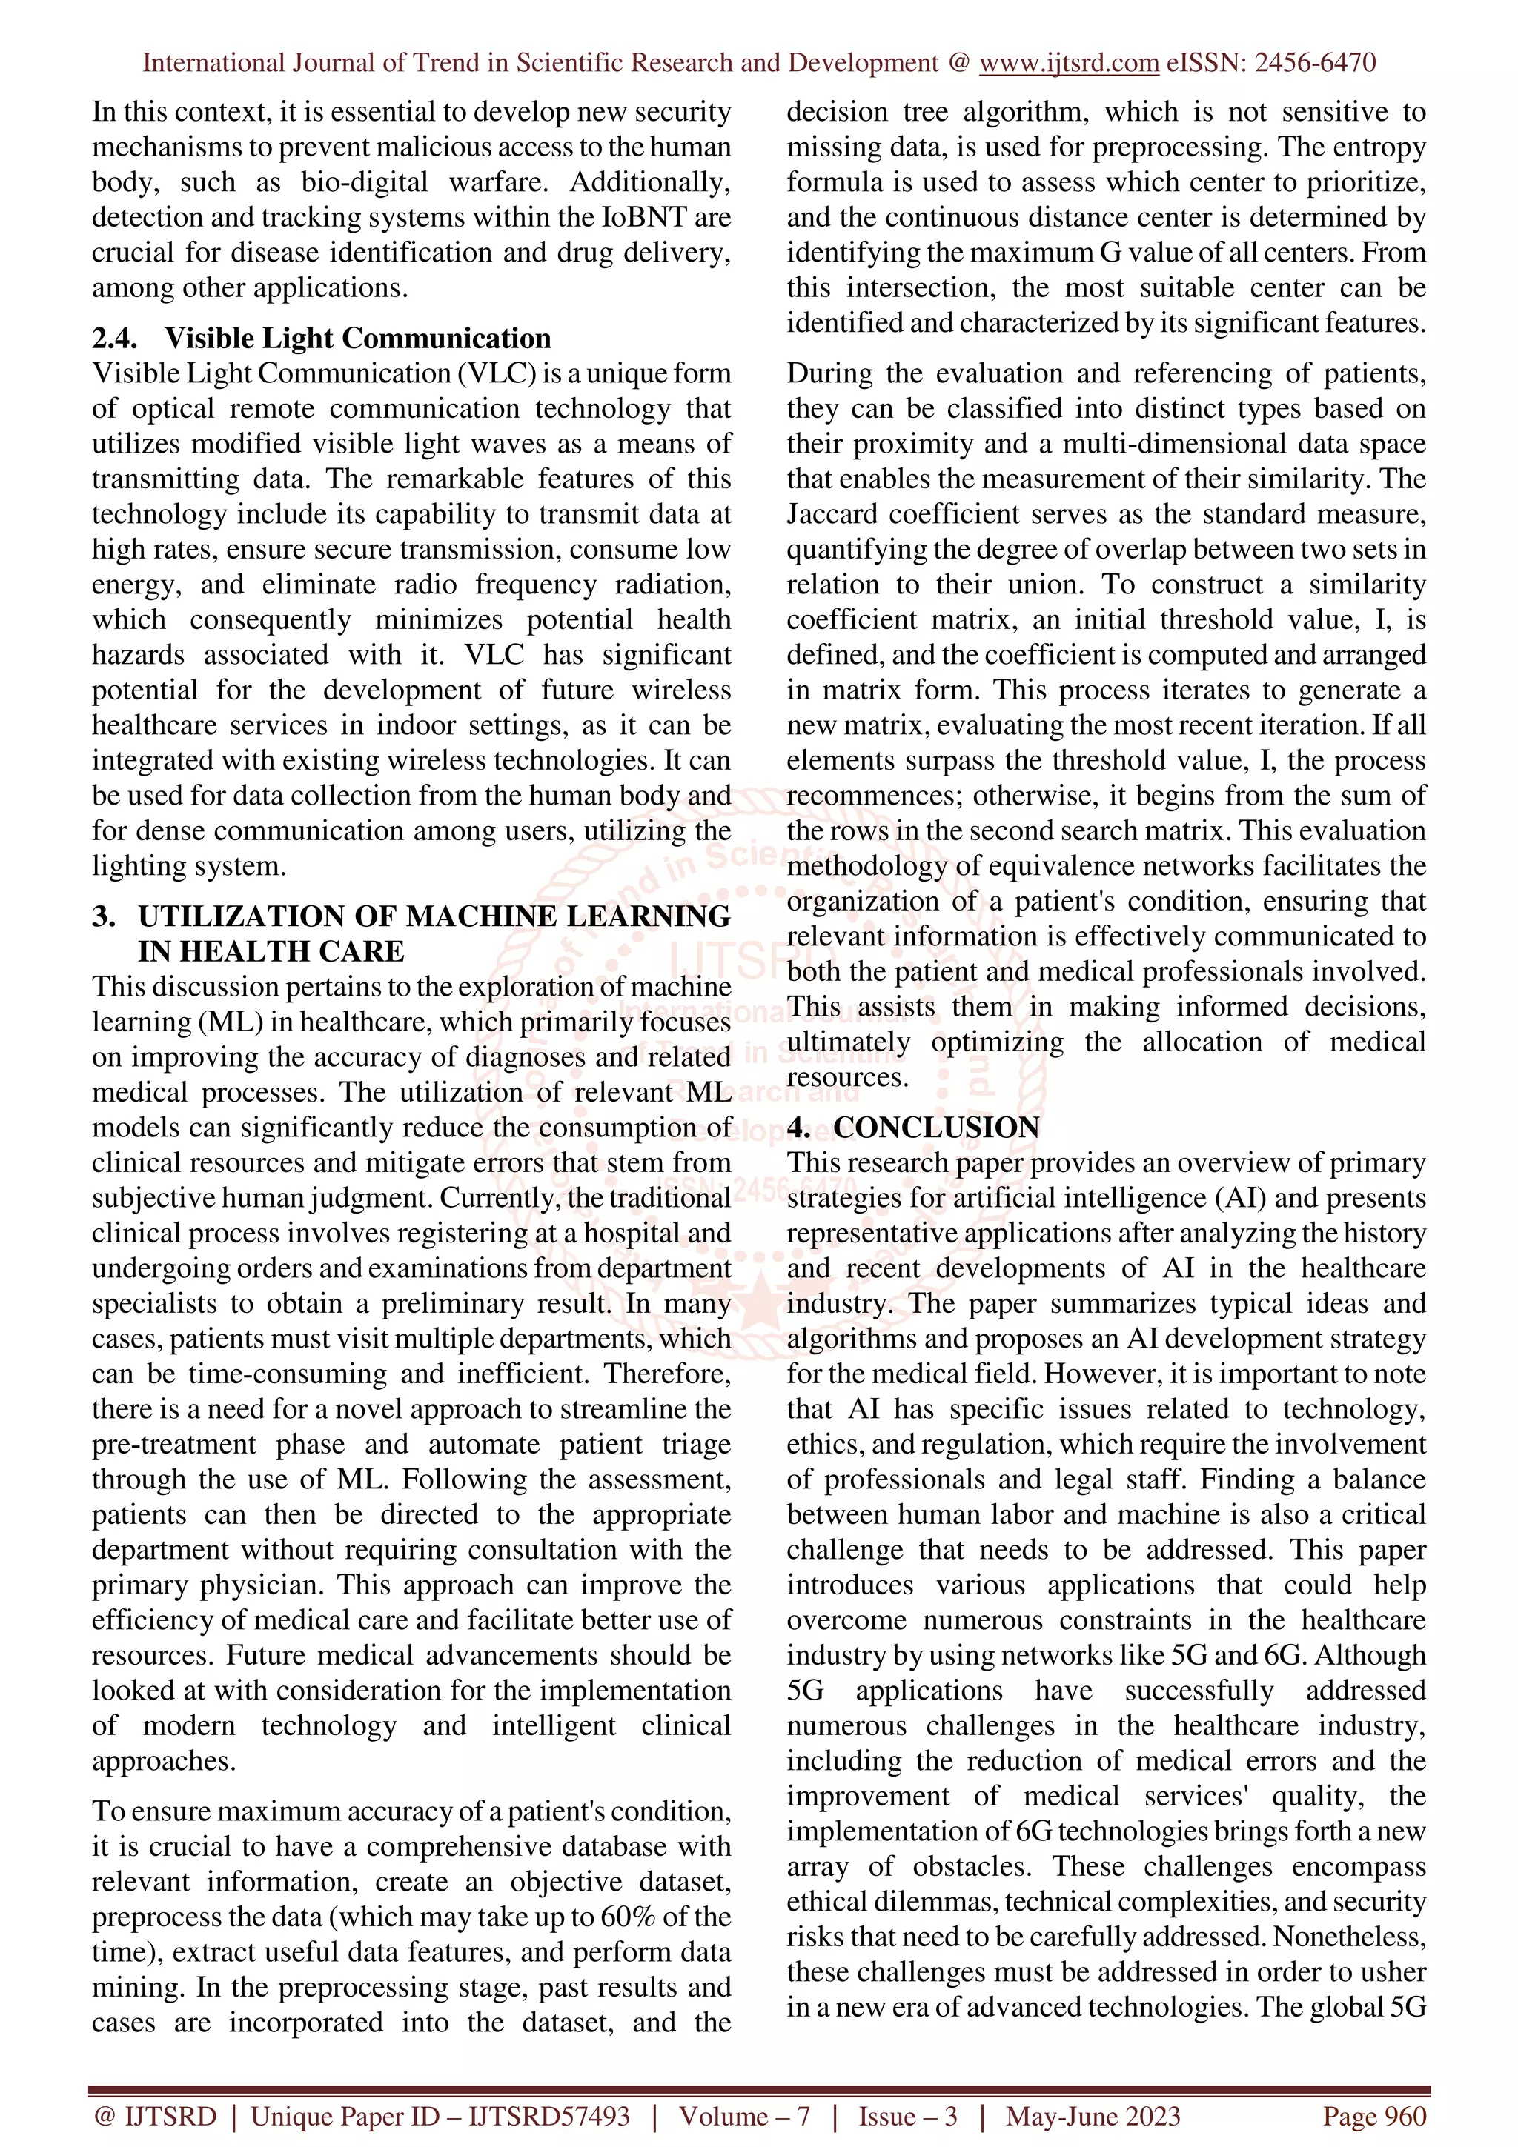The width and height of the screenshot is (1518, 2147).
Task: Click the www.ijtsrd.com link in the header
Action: click(x=1068, y=63)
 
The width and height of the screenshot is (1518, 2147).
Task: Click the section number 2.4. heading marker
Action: click(x=115, y=339)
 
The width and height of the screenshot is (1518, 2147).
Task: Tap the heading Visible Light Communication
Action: click(x=357, y=339)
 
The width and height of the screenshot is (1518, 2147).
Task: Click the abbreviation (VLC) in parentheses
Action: click(x=497, y=373)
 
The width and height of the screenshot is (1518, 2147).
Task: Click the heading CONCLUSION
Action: click(x=936, y=1128)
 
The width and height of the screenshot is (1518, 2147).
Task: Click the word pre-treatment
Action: click(x=173, y=1445)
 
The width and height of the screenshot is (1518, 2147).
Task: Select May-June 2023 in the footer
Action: click(x=1093, y=2116)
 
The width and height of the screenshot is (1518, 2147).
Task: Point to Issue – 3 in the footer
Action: click(x=908, y=2116)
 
